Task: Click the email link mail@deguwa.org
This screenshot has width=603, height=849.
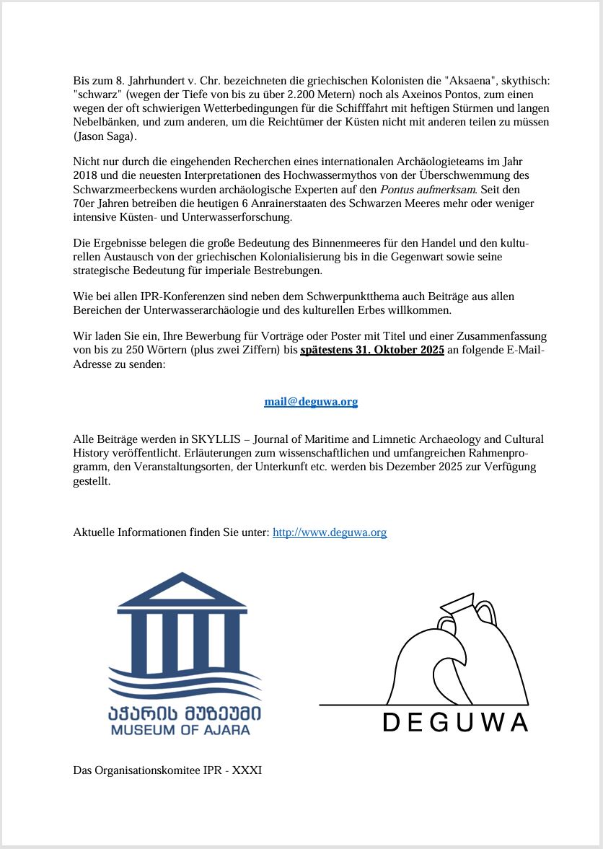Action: tap(311, 402)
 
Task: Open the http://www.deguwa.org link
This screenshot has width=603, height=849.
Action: tap(330, 532)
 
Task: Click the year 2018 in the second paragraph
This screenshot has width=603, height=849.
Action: tap(86, 175)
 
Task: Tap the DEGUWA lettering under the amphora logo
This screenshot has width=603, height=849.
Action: tap(455, 723)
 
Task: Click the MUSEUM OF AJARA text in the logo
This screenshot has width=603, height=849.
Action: tap(180, 730)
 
